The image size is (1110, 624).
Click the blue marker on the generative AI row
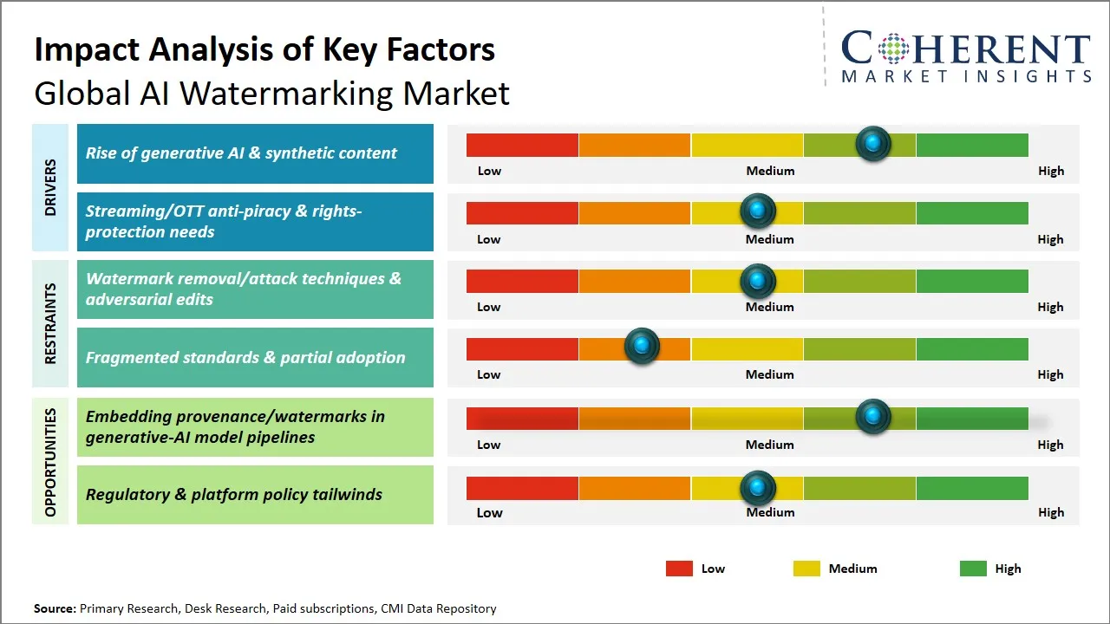click(x=873, y=143)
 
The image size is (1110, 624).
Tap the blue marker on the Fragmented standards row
click(x=642, y=347)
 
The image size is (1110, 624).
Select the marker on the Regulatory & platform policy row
click(x=758, y=488)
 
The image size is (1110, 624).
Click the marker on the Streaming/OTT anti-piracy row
click(x=758, y=211)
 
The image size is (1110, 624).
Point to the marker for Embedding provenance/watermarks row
click(x=873, y=417)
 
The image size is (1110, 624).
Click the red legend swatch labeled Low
click(x=679, y=569)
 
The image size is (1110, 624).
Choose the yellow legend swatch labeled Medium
click(x=806, y=569)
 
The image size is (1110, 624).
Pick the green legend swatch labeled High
click(x=973, y=569)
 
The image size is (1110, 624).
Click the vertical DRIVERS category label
click(x=50, y=187)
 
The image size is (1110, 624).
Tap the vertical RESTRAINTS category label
click(x=50, y=323)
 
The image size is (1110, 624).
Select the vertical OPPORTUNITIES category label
click(x=50, y=462)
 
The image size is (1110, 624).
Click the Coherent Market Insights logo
click(x=965, y=56)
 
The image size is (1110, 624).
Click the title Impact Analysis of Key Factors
click(x=264, y=49)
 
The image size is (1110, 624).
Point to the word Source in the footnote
click(x=55, y=608)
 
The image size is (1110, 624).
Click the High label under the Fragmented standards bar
click(x=1050, y=374)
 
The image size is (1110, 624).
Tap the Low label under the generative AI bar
click(x=489, y=171)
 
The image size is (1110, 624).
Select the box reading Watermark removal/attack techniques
click(x=255, y=289)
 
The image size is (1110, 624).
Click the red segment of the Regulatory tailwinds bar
click(x=522, y=488)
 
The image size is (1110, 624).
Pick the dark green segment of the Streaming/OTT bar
click(x=971, y=212)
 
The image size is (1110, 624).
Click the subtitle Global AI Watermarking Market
click(x=271, y=94)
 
